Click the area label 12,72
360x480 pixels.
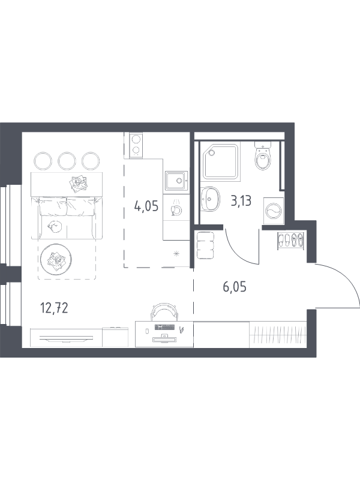coord(54,308)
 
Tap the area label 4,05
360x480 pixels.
coord(146,206)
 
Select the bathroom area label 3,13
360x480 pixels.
coord(241,201)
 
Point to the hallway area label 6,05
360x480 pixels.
coord(235,287)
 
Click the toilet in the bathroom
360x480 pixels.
coord(263,155)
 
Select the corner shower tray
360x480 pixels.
coord(220,161)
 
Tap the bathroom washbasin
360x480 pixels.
coord(211,199)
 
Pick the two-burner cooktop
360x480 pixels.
coord(136,146)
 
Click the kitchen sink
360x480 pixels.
coord(176,181)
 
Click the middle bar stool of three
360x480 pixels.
coord(67,161)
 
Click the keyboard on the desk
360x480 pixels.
coord(164,327)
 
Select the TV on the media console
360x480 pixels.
coord(66,338)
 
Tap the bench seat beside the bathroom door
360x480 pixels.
coord(205,245)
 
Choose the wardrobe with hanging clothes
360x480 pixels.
coord(278,335)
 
